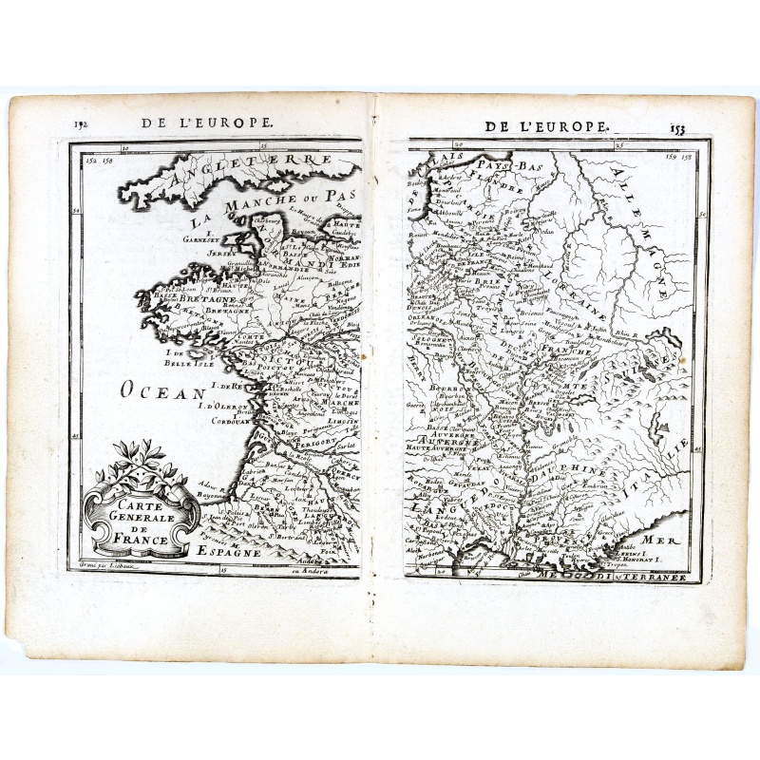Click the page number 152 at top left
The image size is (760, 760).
click(79, 124)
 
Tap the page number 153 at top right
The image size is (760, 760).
click(676, 128)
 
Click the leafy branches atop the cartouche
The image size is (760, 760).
click(142, 461)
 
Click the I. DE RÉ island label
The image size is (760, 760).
click(227, 387)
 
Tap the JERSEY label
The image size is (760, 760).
click(221, 256)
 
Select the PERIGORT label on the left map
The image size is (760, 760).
click(311, 440)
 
